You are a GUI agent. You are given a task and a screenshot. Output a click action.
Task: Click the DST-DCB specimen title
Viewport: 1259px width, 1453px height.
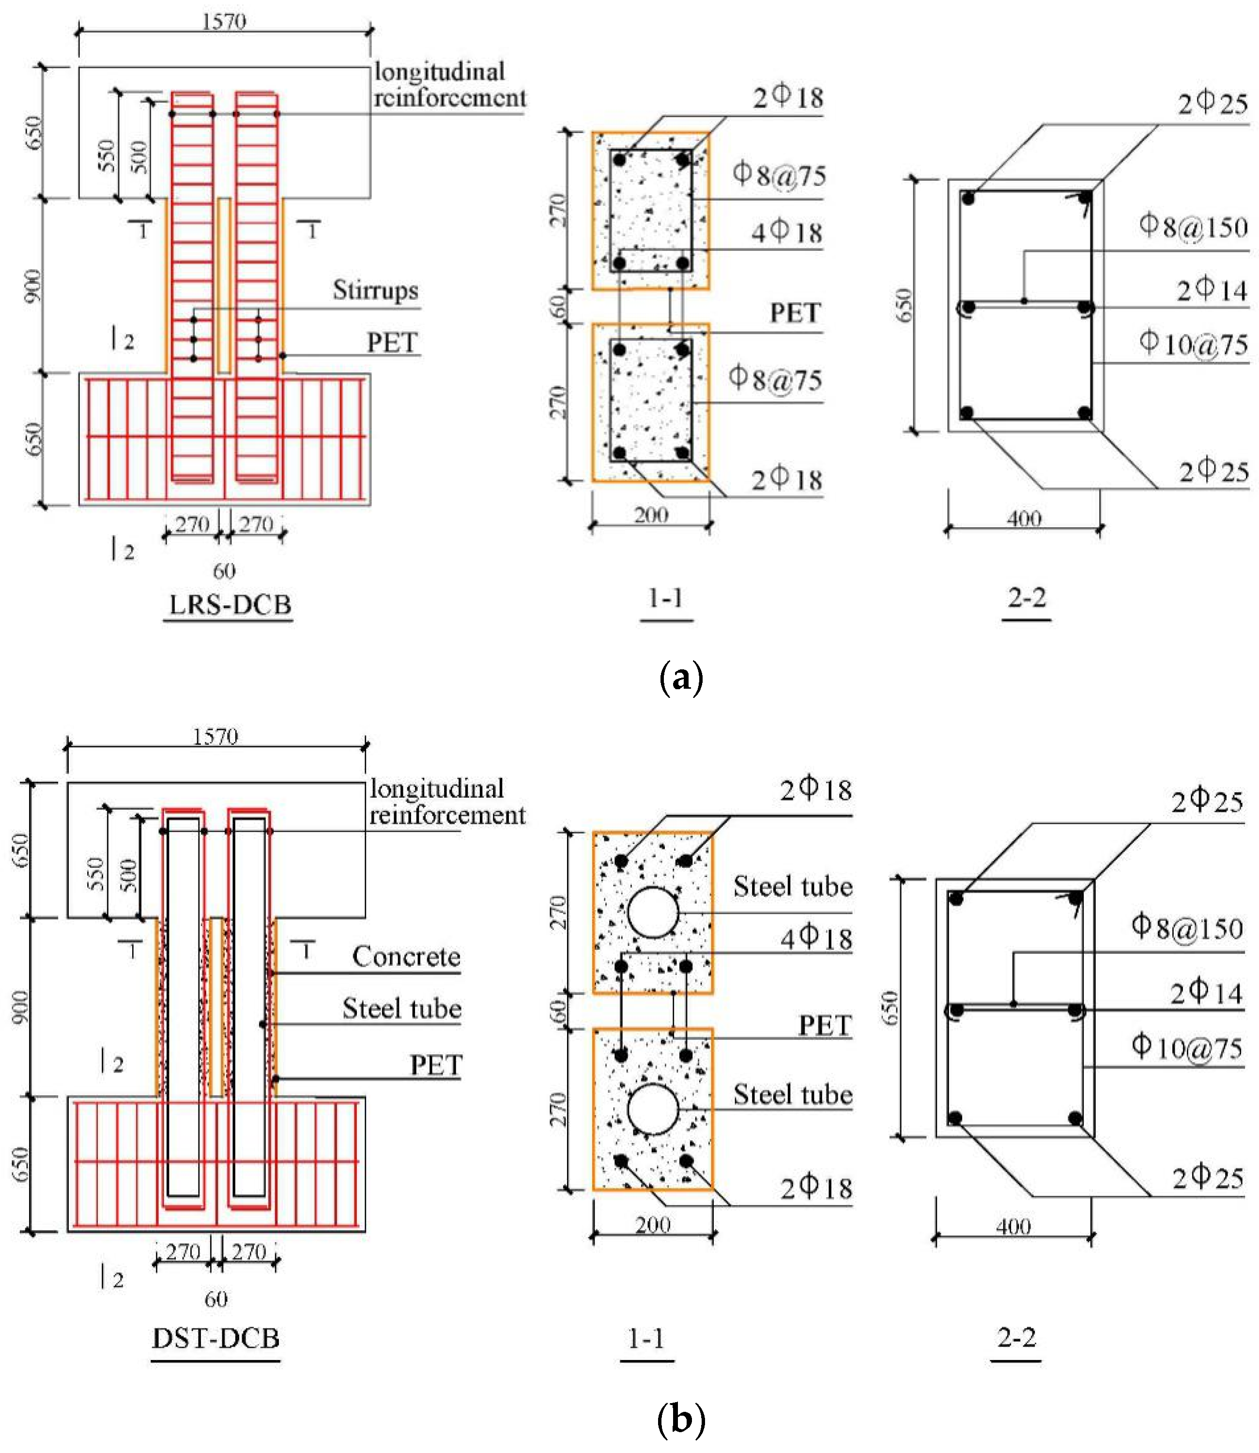[215, 1337]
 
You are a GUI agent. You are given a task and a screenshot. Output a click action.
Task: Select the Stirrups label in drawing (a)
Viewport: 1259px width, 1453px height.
[375, 290]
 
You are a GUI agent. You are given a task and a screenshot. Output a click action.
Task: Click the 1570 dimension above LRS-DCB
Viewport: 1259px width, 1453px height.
[224, 21]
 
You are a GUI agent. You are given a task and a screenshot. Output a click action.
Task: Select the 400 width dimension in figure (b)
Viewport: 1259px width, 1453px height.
[1013, 1227]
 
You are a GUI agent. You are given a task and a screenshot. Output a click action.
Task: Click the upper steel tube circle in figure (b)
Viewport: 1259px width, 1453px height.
[653, 912]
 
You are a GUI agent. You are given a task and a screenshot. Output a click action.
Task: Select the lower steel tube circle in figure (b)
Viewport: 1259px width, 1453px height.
[653, 1109]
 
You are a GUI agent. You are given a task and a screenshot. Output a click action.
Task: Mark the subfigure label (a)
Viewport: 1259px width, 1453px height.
[681, 678]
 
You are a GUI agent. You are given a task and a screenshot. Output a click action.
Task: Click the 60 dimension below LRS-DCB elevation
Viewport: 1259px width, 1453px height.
[224, 571]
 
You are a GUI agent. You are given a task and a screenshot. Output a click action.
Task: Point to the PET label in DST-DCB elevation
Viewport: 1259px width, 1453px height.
[436, 1065]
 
